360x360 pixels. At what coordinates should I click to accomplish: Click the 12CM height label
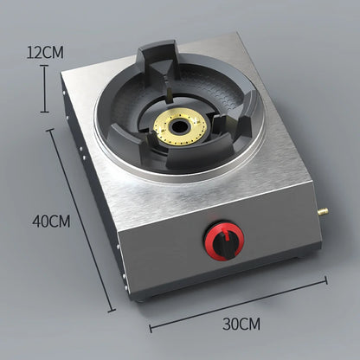(x=45, y=51)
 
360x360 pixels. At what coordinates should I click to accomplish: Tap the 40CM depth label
(x=52, y=221)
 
